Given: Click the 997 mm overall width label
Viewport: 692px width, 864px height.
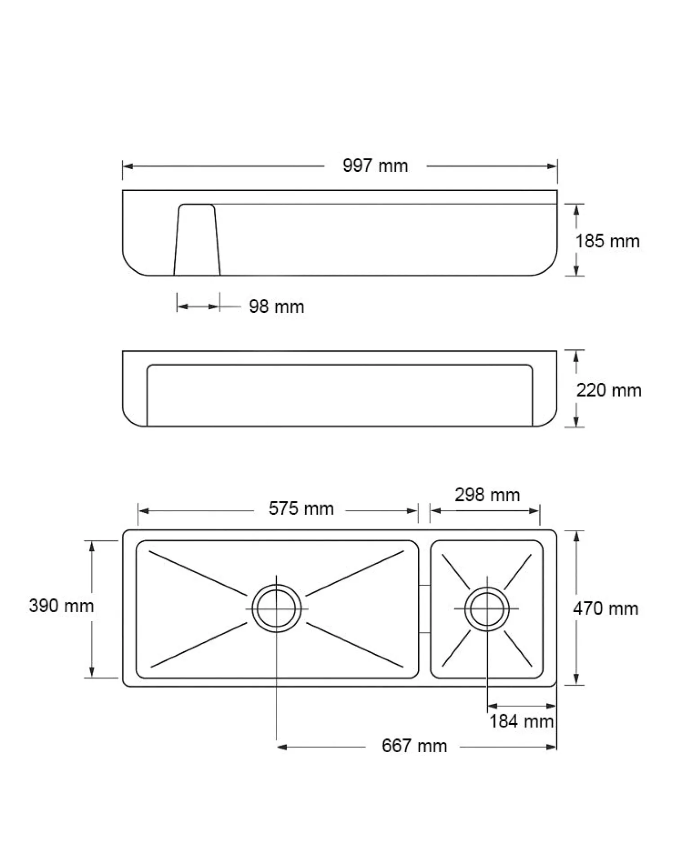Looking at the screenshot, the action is pyautogui.click(x=375, y=166).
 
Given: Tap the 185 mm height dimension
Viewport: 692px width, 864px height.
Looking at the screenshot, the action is pyautogui.click(x=608, y=241).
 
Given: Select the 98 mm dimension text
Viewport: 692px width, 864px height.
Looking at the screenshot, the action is pyautogui.click(x=277, y=307).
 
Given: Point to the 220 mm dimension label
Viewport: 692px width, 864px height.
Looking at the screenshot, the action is pyautogui.click(x=609, y=390).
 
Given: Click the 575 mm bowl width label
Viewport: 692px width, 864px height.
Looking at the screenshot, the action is pyautogui.click(x=301, y=509).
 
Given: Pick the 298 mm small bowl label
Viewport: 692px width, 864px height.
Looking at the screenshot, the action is pyautogui.click(x=488, y=495).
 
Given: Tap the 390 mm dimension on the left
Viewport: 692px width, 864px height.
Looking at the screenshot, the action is pyautogui.click(x=62, y=606).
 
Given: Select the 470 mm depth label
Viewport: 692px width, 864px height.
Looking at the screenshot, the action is pyautogui.click(x=606, y=609).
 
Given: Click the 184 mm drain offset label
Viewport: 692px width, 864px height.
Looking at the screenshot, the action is pyautogui.click(x=521, y=722).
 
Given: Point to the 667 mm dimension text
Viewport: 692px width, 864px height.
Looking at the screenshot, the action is pyautogui.click(x=414, y=746).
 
